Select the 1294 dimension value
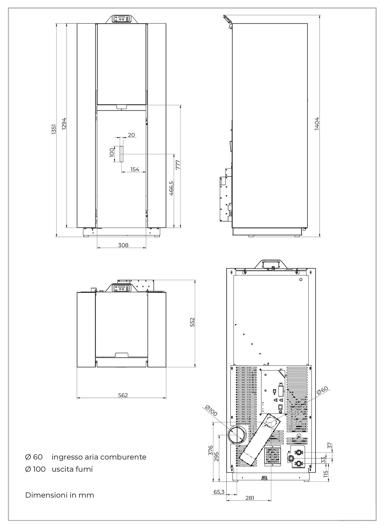pyautogui.click(x=64, y=124)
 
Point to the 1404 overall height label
pyautogui.click(x=317, y=124)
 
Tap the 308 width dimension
pyautogui.click(x=123, y=245)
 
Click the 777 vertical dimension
pyautogui.click(x=178, y=164)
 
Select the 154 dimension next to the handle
pyautogui.click(x=135, y=169)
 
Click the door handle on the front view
pyautogui.click(x=121, y=154)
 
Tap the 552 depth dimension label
pyautogui.click(x=192, y=322)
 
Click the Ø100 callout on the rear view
pyautogui.click(x=211, y=411)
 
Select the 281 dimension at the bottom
pyautogui.click(x=250, y=498)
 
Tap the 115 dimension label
pyautogui.click(x=326, y=473)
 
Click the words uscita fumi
pyautogui.click(x=72, y=469)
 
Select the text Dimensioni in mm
pyautogui.click(x=60, y=495)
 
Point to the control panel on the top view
pyautogui.click(x=122, y=288)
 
